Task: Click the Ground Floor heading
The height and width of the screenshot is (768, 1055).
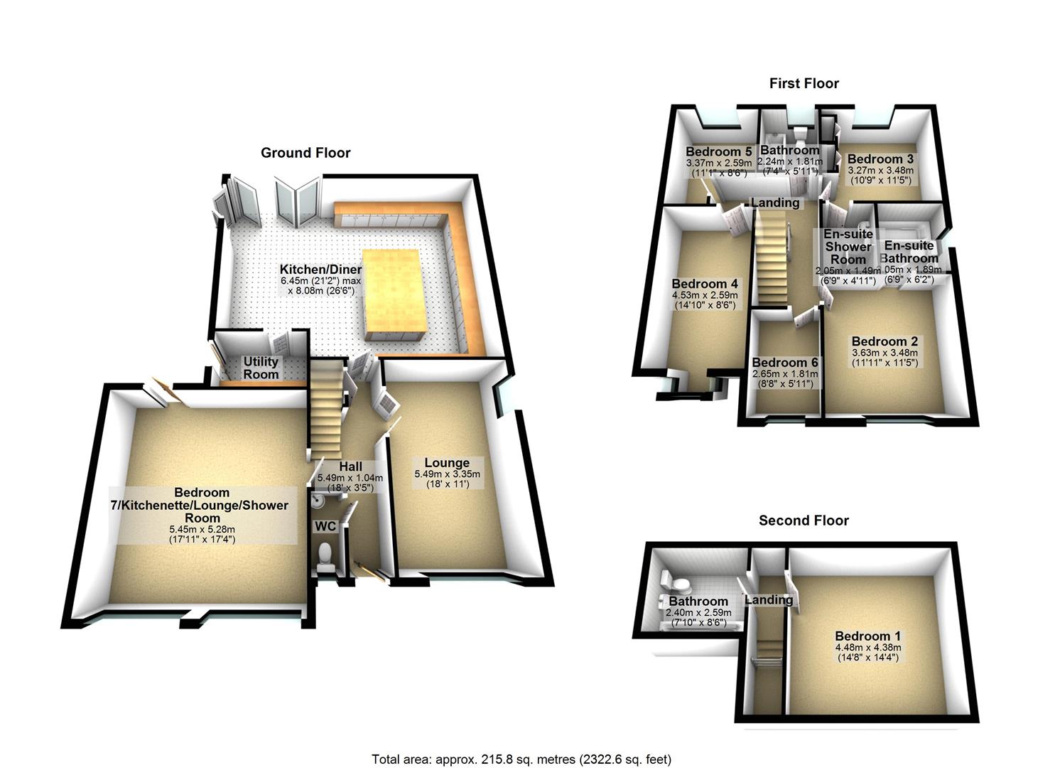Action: tap(305, 153)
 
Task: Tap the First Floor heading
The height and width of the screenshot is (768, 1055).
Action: tap(804, 84)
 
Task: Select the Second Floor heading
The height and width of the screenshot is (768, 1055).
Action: tap(804, 521)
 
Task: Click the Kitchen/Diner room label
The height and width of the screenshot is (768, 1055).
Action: tap(320, 270)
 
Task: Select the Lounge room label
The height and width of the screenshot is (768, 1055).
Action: tap(447, 463)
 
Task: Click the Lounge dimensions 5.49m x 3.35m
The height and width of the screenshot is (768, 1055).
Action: tap(447, 474)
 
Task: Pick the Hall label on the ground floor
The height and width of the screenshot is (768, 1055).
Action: tap(350, 466)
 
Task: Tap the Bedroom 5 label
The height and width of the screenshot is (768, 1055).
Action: tap(718, 151)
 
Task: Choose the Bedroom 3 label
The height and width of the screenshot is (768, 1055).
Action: tap(880, 159)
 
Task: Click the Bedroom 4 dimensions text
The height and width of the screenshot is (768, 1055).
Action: tap(705, 299)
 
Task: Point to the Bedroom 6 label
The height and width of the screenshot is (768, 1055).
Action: tap(785, 362)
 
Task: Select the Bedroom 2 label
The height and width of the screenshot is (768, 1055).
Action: tap(884, 341)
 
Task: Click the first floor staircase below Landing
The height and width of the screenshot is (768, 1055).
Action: tap(770, 256)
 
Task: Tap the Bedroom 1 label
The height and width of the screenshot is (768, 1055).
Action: tap(867, 636)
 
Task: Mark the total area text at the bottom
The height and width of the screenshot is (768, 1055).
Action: tap(521, 759)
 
